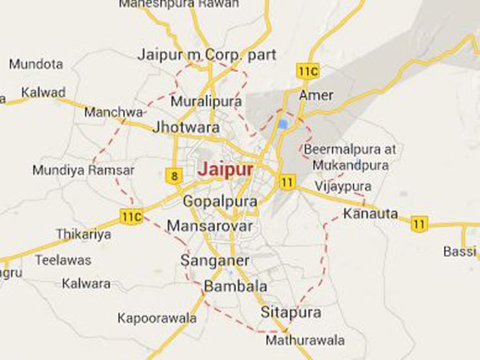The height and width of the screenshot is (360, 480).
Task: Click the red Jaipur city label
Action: [x=226, y=170]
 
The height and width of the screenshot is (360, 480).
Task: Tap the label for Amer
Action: [x=316, y=95]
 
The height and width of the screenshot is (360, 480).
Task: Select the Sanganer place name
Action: [x=215, y=261]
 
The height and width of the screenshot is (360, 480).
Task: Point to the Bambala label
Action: [x=236, y=286]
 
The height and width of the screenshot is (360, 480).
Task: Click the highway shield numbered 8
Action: [x=174, y=176]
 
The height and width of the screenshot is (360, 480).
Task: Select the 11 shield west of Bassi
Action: [x=419, y=224]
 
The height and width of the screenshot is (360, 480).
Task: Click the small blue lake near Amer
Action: [x=283, y=124]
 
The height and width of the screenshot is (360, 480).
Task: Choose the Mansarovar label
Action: [x=210, y=226]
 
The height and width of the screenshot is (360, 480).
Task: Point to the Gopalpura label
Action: [x=220, y=202]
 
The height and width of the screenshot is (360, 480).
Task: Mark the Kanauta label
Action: [x=370, y=214]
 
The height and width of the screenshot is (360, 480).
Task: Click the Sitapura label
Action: [x=291, y=312]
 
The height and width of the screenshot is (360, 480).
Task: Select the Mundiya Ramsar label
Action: [x=83, y=170]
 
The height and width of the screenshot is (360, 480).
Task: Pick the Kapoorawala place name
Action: [x=157, y=318]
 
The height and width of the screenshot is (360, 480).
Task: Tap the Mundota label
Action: [x=36, y=64]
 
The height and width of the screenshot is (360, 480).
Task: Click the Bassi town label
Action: [x=460, y=252]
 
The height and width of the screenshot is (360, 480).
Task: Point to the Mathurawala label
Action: [x=305, y=340]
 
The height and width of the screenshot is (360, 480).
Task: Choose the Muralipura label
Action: [x=206, y=102]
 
